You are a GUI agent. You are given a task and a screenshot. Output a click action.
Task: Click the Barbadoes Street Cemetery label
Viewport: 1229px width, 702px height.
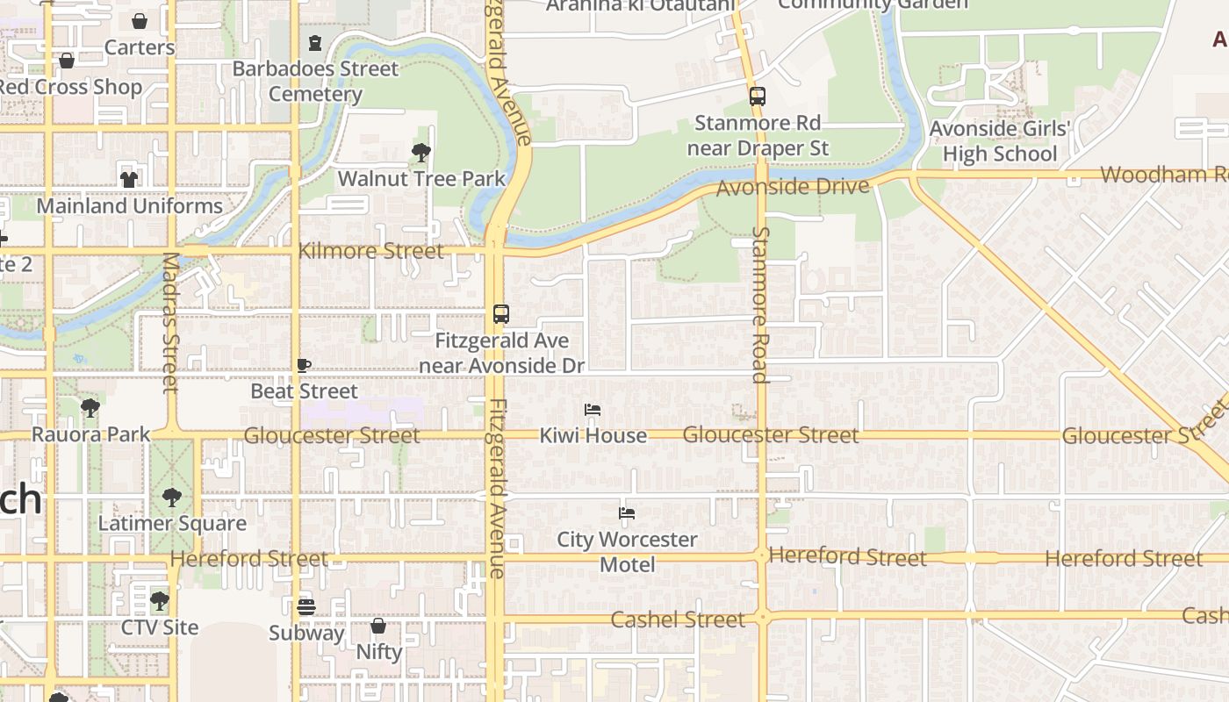pos(315,81)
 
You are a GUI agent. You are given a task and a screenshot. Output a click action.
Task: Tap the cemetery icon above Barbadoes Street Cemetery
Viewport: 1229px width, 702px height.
pos(315,43)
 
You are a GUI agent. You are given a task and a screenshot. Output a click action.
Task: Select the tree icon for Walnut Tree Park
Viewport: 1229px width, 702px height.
pos(421,153)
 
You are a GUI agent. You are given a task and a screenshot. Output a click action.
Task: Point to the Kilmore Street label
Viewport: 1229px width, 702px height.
pos(370,251)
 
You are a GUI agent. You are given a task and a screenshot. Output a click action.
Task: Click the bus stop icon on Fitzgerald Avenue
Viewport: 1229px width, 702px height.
pos(501,314)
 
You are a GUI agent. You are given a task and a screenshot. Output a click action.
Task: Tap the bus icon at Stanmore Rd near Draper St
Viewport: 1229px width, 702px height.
pos(757,97)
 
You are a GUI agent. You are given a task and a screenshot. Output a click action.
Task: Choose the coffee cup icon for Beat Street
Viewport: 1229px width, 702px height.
pos(304,366)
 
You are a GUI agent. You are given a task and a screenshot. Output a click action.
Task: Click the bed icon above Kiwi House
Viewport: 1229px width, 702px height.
pos(593,410)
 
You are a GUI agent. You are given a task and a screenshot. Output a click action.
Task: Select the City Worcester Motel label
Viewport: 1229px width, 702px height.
pos(627,552)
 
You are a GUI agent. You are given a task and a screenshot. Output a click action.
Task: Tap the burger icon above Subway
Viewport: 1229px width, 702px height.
pos(305,606)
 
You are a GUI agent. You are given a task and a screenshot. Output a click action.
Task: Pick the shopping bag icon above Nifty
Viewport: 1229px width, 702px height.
pos(378,626)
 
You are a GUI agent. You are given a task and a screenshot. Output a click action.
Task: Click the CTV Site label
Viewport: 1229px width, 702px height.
pos(160,627)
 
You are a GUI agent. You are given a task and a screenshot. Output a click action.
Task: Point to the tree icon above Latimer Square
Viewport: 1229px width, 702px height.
pos(172,498)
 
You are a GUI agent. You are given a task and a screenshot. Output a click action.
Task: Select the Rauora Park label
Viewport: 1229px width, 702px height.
pos(91,434)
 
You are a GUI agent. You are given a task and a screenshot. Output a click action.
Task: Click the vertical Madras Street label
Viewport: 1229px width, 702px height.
pos(171,323)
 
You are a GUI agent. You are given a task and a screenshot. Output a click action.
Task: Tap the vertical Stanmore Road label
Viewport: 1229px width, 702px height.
pos(760,304)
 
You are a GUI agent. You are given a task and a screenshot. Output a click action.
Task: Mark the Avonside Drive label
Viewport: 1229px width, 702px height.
pos(793,186)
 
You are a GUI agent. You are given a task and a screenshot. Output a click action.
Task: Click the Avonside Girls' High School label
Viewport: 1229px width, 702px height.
pos(1000,141)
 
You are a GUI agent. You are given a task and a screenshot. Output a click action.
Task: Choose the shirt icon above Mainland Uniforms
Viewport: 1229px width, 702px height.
pos(129,179)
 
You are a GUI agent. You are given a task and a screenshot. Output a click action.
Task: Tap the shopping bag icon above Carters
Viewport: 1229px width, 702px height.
pos(140,21)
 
